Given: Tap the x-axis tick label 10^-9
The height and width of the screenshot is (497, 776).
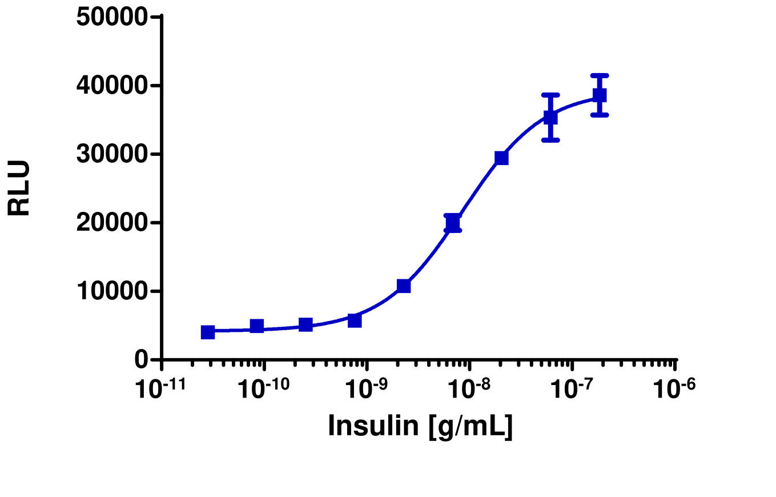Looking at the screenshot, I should [366, 390].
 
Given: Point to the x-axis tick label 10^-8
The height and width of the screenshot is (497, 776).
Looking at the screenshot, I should [469, 390].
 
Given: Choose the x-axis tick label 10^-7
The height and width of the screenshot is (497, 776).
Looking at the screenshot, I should [572, 390].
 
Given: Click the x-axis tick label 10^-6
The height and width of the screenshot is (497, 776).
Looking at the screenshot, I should [674, 390].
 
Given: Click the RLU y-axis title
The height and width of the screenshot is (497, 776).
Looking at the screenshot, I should [19, 188].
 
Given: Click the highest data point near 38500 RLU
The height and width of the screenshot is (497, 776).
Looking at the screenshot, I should [599, 95].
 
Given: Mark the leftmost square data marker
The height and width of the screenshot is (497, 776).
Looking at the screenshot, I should [208, 332].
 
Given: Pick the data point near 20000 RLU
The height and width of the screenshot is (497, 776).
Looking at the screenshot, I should [452, 222].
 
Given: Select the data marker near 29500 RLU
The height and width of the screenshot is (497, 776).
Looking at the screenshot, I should [501, 158].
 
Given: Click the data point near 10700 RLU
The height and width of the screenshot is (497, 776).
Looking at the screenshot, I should [404, 286].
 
